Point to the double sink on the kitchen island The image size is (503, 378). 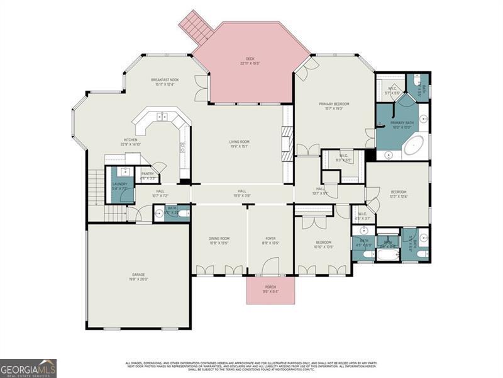162,117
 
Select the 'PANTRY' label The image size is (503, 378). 148,175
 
